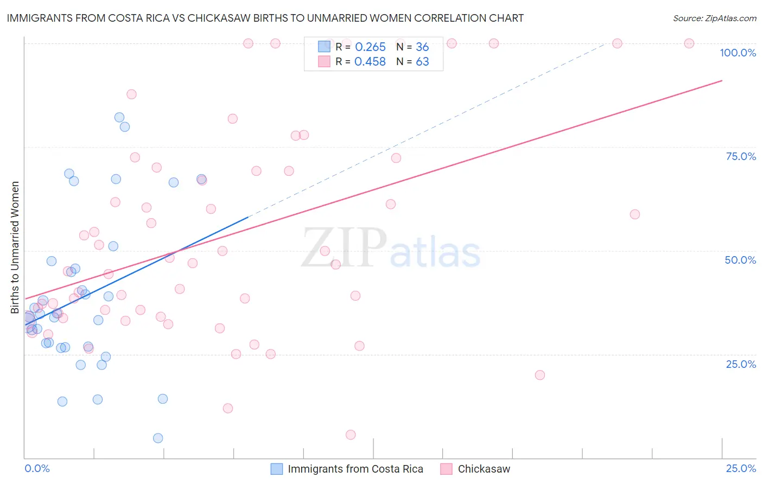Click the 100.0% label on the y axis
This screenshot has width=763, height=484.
[x=737, y=53]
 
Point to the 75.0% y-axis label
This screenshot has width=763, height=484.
[x=741, y=156]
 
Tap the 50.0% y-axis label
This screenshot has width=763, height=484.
[x=740, y=260]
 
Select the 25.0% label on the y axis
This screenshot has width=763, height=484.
[x=741, y=364]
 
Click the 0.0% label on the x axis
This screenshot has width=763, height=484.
[x=37, y=468]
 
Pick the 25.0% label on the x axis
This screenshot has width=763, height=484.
[x=741, y=468]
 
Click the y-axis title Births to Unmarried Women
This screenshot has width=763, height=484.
[x=15, y=247]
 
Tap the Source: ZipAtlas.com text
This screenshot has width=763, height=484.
[x=714, y=18]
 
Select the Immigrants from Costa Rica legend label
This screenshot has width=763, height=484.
[x=355, y=469]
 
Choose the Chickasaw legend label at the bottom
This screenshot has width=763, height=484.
[x=484, y=469]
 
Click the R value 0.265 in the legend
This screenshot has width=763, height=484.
[x=370, y=47]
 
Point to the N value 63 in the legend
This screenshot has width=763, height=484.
[x=422, y=62]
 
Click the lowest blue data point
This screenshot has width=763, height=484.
[x=158, y=438]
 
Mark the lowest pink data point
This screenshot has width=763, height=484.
[x=351, y=435]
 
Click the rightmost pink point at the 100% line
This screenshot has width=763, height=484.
[x=689, y=43]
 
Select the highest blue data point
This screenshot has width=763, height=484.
[x=119, y=117]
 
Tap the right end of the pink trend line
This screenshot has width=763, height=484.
[x=722, y=80]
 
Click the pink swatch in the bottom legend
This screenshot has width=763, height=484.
[x=446, y=469]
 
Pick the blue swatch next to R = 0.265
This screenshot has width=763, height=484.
[x=324, y=47]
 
